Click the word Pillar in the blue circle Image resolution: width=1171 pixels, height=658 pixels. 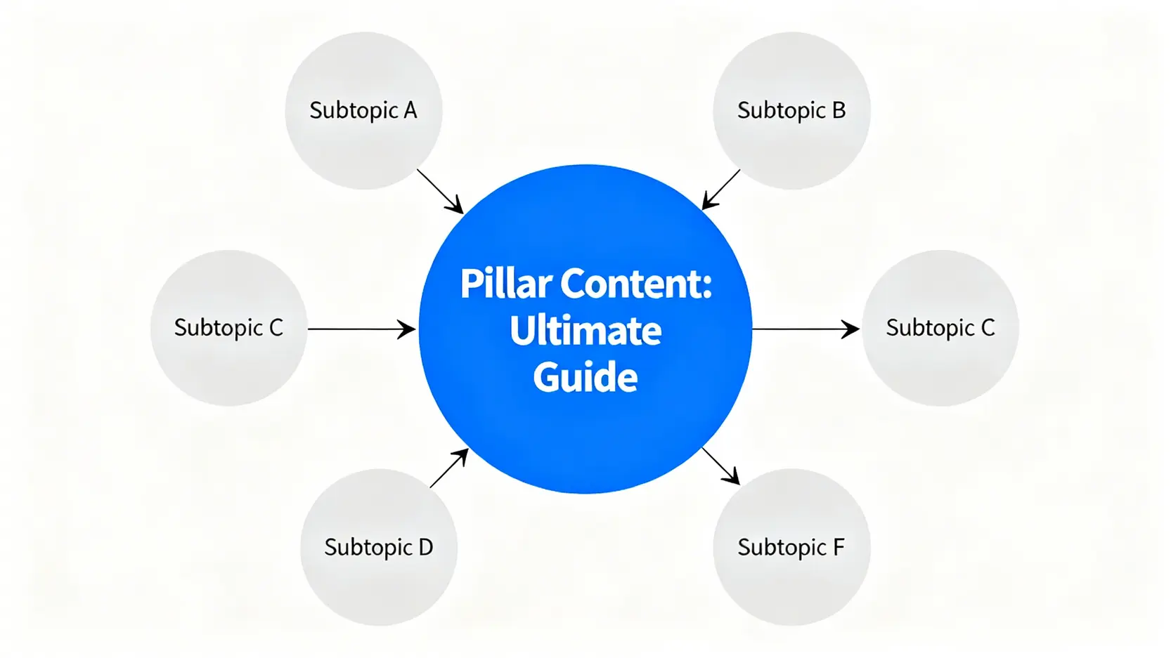click(505, 284)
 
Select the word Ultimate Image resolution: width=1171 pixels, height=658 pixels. click(585, 331)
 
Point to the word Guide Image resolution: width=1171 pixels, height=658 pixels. click(585, 378)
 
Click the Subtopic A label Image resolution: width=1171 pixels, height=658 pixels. click(363, 110)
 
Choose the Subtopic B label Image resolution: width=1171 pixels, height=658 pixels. click(791, 110)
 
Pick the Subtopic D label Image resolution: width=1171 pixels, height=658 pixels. click(378, 547)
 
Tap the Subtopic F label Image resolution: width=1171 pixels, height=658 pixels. click(791, 547)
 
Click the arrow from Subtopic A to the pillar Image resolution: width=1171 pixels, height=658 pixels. click(440, 191)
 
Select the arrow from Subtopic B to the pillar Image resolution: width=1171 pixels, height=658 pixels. click(721, 190)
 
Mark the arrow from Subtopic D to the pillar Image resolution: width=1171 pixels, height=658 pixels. click(449, 468)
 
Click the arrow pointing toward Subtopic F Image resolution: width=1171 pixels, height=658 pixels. click(720, 466)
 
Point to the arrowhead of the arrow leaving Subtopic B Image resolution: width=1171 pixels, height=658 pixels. click(709, 203)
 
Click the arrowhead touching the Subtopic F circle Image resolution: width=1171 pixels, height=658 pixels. click(734, 479)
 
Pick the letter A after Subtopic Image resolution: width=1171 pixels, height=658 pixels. click(410, 110)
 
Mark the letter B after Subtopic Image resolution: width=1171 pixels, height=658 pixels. click(839, 110)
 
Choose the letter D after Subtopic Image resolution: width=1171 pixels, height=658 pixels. click(425, 547)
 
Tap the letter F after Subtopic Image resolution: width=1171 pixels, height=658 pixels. click(839, 547)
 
